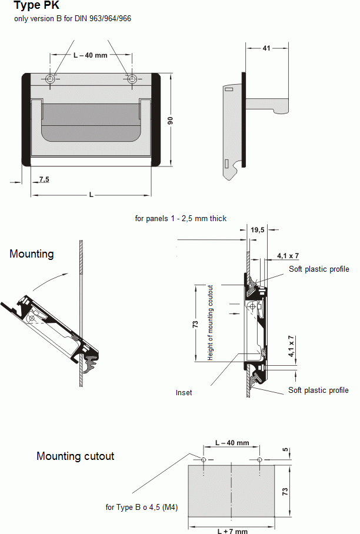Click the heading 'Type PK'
tap(36, 6)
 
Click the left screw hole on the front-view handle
tap(51, 79)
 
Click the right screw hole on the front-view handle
tap(132, 79)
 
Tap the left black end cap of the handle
tap(26, 119)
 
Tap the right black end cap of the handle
tap(156, 119)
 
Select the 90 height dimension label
tap(170, 120)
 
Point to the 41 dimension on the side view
tap(266, 49)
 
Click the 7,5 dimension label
tap(44, 178)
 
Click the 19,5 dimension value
tap(258, 230)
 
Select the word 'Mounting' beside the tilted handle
tap(31, 254)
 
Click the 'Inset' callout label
tap(184, 392)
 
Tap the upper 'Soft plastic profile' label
tap(318, 269)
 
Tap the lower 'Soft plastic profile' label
tap(318, 390)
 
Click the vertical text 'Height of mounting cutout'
tap(210, 322)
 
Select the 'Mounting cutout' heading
tap(75, 456)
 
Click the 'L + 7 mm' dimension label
tap(232, 530)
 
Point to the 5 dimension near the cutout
tap(285, 451)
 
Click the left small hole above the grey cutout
tap(203, 459)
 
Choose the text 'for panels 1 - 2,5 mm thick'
tap(181, 218)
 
